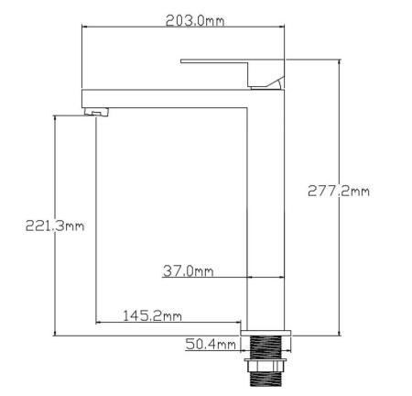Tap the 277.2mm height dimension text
[338, 191]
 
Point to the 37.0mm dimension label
[189, 270]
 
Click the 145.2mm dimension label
[152, 316]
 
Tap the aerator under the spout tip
[97, 112]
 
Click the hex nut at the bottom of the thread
[268, 373]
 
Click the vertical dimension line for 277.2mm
[340, 137]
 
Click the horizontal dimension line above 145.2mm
[165, 324]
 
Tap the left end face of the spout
[83, 97]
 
